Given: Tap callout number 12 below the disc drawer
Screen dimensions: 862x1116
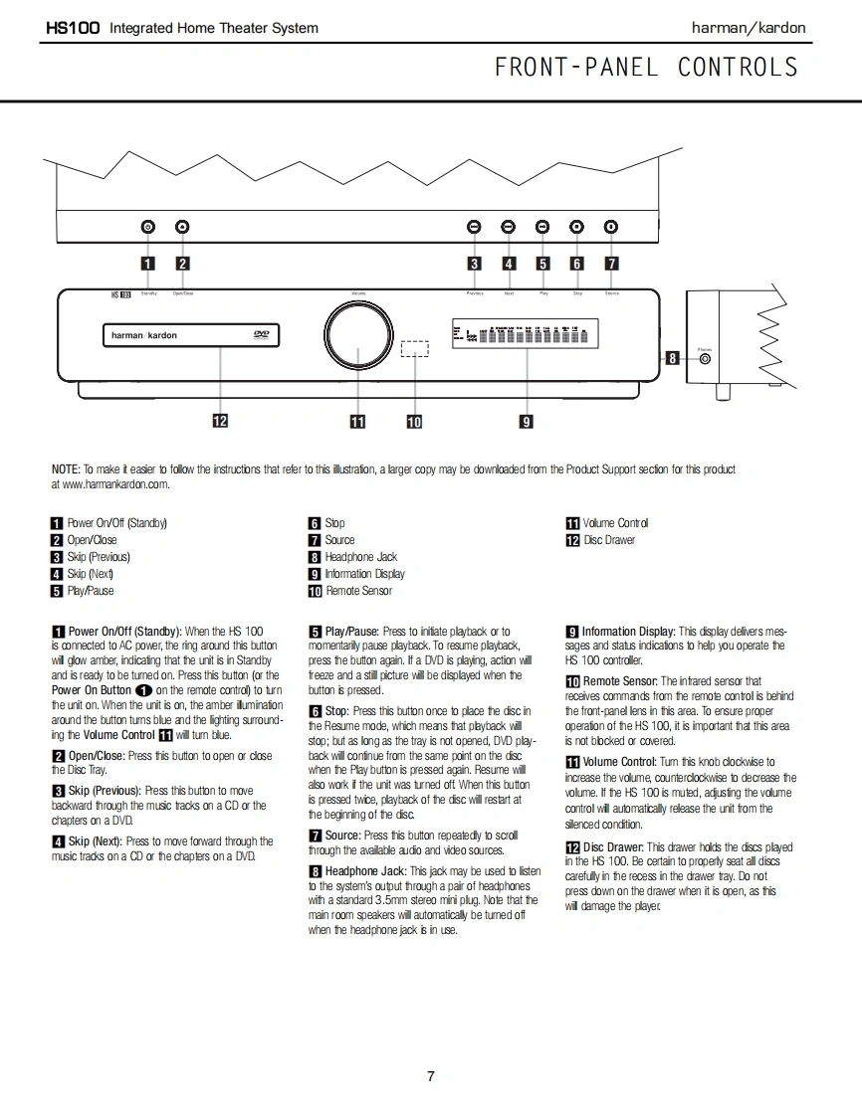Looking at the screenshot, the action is pos(220,421).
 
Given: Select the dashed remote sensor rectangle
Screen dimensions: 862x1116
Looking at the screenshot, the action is pos(414,348).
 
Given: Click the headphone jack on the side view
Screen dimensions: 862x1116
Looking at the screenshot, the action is pos(705,359).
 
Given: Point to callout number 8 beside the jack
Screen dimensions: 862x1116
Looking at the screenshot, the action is pos(673,358).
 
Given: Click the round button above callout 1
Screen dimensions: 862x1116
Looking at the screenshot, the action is pos(147,227).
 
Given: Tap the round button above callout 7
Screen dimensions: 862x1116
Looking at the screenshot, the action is pos(611,227).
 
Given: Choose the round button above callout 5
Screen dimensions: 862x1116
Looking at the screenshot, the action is pos(542,227).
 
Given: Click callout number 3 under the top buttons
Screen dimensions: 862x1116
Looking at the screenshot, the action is pos(475,264).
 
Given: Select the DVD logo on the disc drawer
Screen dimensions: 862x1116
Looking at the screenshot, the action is pos(261,335).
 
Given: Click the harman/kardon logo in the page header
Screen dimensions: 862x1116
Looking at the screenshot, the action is pos(749,28).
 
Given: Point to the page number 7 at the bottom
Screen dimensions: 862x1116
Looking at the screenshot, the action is pos(431,1076).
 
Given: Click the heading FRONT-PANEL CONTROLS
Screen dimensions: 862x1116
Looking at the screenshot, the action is pos(646,68).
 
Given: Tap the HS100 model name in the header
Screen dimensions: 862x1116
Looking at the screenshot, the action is pos(73,28).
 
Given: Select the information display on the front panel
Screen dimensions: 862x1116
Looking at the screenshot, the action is pos(519,335).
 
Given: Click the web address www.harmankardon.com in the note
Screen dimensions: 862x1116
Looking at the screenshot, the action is pos(111,484).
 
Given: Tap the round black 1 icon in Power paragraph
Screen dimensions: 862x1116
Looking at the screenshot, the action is pos(143,690).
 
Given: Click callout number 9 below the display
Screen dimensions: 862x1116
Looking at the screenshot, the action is pos(526,422).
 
